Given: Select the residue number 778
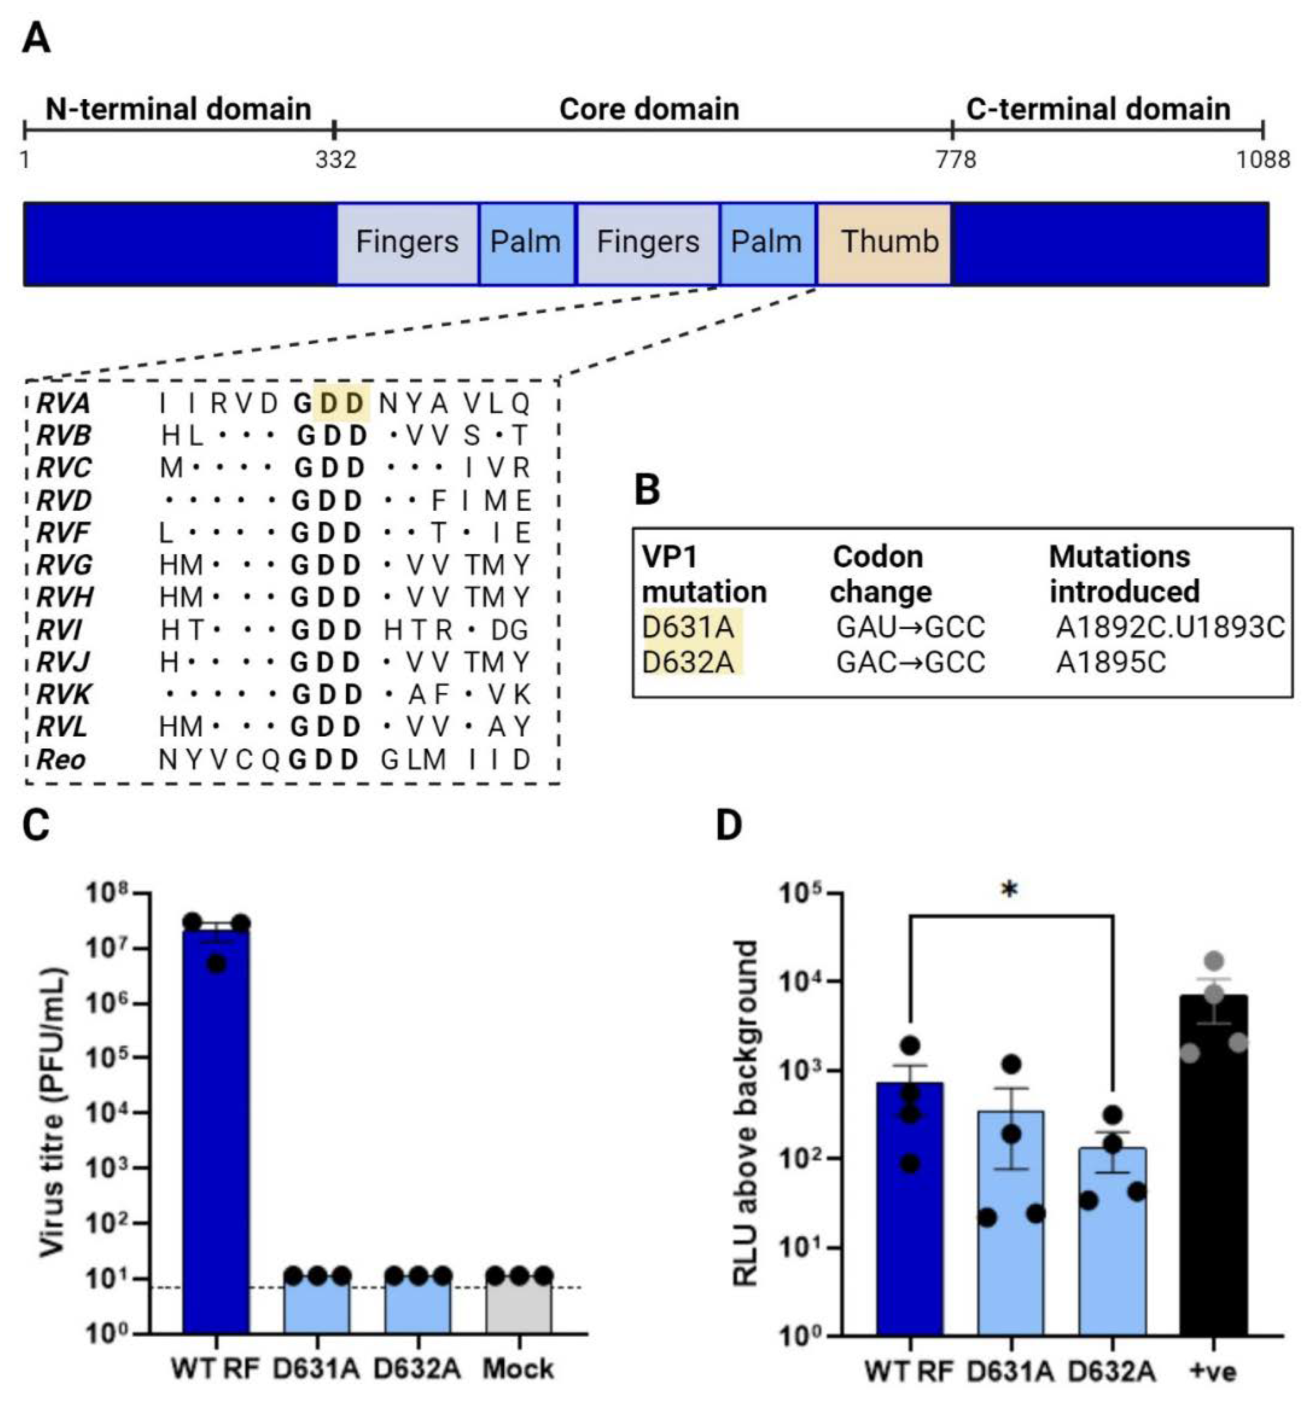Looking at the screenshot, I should (956, 160).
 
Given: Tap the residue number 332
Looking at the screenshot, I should (335, 160).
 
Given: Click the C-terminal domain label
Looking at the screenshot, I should (1098, 109).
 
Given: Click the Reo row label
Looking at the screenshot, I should (61, 760).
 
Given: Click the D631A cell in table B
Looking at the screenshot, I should (688, 626).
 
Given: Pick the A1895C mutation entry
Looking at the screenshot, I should (1110, 662).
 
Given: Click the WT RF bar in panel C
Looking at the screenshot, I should (217, 1128).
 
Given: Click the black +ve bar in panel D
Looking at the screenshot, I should (1213, 1163).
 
